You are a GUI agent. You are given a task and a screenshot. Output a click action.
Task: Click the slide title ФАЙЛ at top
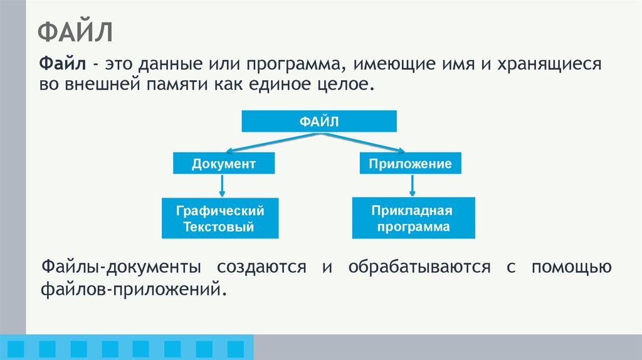[76, 31]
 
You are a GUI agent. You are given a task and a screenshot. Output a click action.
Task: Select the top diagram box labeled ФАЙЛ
[318, 122]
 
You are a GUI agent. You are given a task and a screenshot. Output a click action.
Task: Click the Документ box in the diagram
[224, 164]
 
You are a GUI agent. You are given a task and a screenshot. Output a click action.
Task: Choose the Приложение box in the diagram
[411, 164]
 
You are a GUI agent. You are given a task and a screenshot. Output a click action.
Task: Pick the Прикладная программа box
[413, 218]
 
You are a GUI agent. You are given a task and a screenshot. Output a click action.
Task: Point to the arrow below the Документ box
[223, 186]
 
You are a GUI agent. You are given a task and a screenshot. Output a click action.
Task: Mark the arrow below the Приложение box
[412, 186]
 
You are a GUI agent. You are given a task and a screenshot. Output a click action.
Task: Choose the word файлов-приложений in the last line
[132, 290]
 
